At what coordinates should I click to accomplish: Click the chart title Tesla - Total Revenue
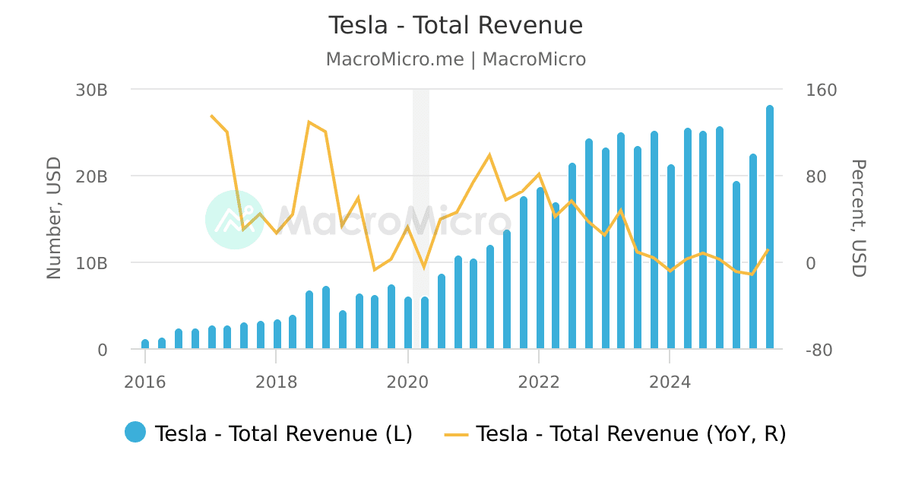455,26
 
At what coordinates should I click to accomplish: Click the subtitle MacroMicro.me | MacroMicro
455,59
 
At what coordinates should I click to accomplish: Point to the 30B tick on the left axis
92,90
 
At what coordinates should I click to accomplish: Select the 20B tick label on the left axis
92,176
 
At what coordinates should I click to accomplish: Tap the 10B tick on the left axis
92,263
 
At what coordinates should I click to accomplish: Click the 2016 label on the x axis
144,382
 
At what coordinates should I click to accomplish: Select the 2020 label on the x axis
407,382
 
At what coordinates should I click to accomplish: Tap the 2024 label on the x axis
670,382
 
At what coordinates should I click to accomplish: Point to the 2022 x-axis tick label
538,382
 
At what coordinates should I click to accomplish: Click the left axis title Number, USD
54,219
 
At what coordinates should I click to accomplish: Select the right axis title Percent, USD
858,219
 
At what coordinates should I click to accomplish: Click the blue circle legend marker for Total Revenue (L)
135,432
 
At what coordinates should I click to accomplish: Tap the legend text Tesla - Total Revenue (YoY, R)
631,433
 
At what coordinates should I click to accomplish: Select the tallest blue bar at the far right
770,228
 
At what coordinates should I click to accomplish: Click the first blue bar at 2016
145,344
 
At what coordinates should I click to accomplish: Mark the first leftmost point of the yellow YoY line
211,116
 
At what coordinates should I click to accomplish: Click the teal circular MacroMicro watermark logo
235,220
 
